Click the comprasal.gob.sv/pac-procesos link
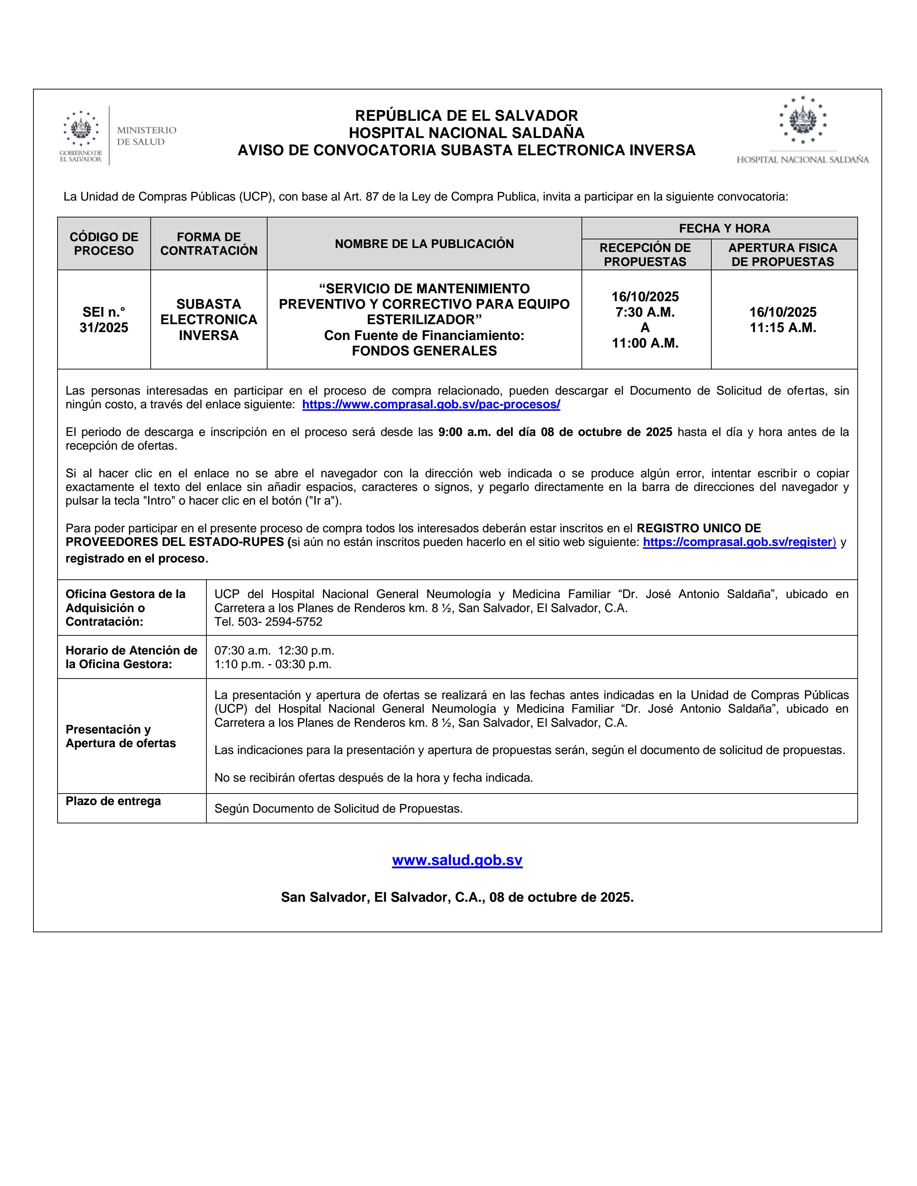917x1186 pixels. (x=431, y=405)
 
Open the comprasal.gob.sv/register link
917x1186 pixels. (x=739, y=542)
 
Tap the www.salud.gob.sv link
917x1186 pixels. (x=457, y=860)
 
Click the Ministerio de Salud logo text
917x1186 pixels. (x=146, y=136)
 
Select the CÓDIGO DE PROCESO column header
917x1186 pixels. (x=104, y=244)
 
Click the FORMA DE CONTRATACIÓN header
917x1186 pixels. (x=209, y=244)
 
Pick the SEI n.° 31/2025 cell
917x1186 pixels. (x=104, y=320)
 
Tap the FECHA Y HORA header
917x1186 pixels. (x=724, y=229)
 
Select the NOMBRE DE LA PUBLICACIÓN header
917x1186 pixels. (x=424, y=244)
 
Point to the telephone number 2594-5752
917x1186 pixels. (x=293, y=622)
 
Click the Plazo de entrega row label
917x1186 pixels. (x=113, y=801)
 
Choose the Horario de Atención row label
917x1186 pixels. (x=131, y=657)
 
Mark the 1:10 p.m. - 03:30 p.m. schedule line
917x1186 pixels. (x=273, y=664)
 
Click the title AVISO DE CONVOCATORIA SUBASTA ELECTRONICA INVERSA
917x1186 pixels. (x=466, y=151)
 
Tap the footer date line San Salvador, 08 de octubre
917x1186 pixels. (x=457, y=897)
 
